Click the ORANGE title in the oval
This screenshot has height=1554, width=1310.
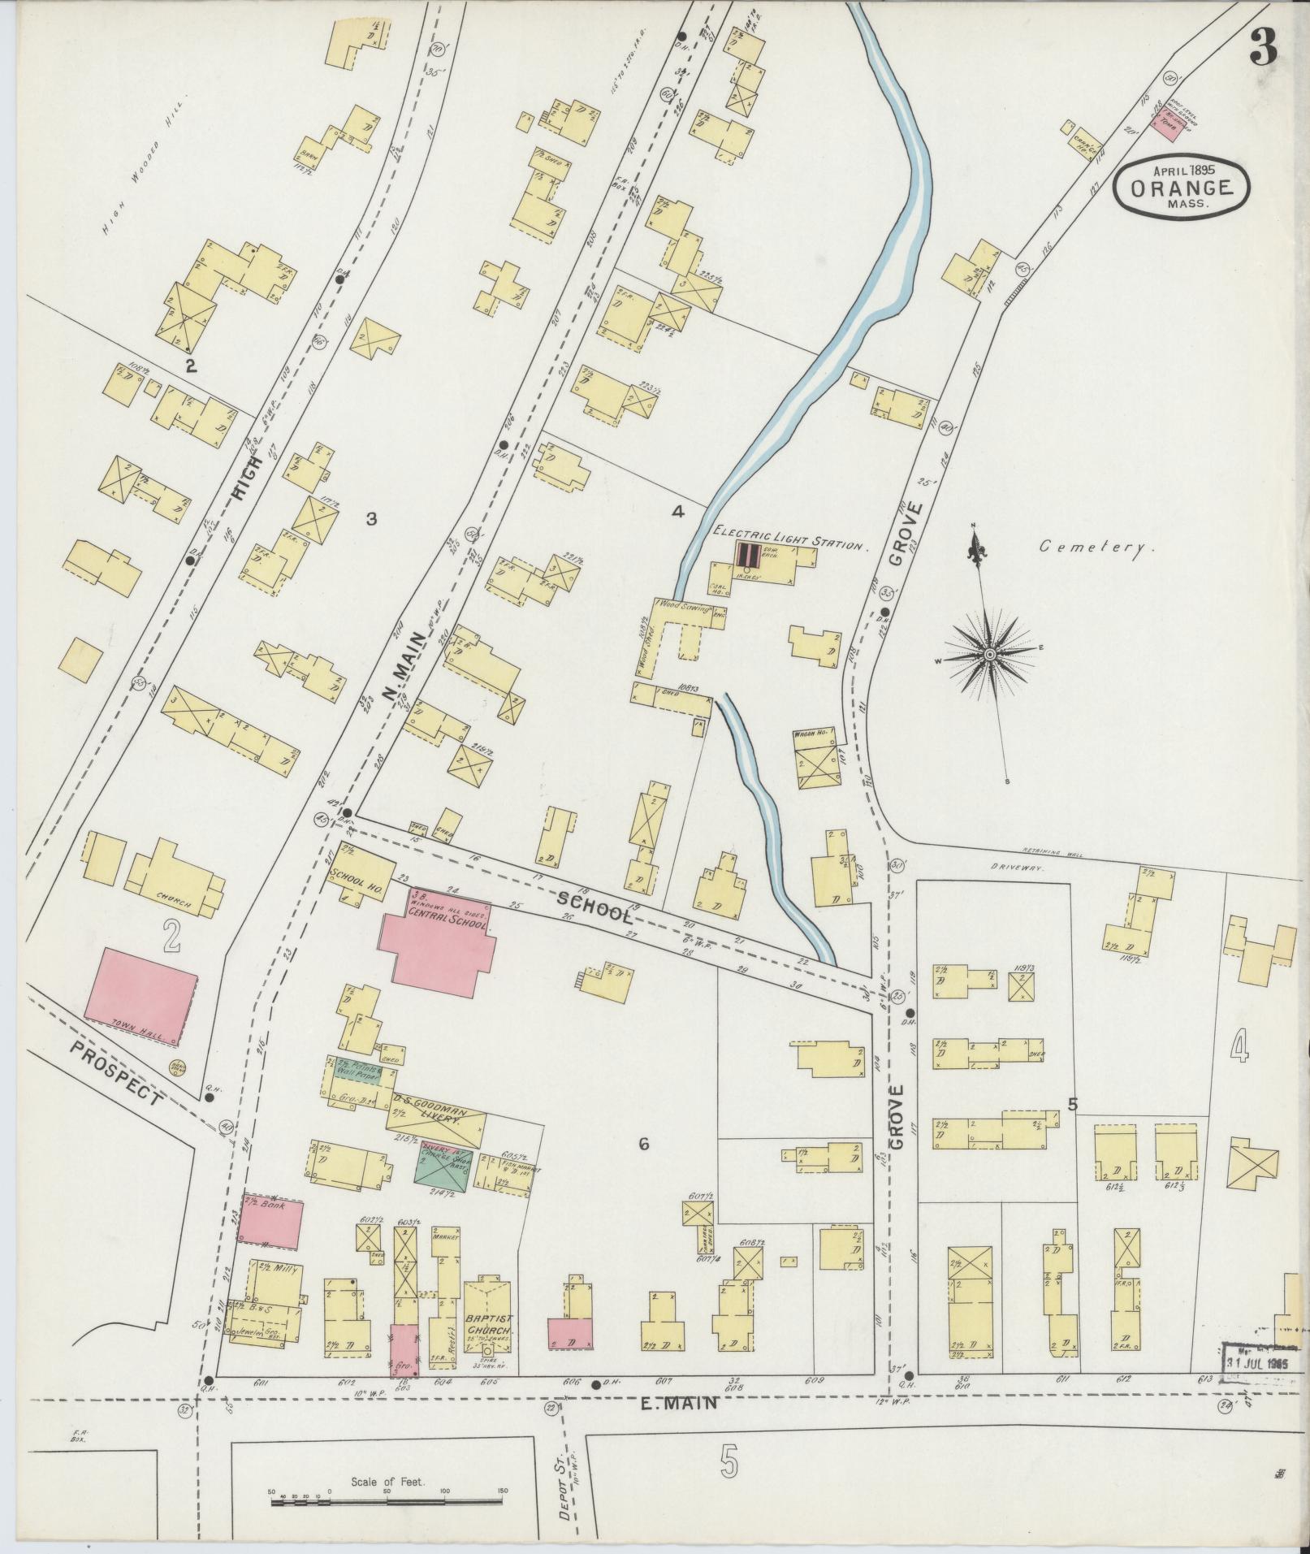coord(1181,187)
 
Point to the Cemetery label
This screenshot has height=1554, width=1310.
coord(1097,547)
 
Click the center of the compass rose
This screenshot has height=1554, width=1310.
coord(991,653)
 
